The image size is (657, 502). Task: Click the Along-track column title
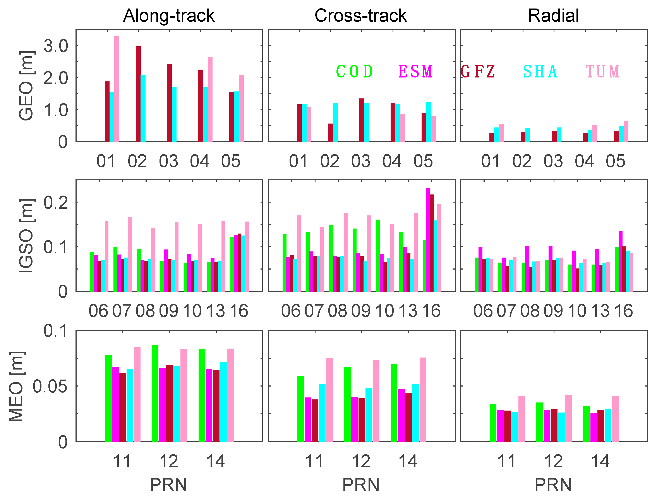[169, 15]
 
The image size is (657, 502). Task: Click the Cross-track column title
[361, 15]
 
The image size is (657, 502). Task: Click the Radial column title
[553, 15]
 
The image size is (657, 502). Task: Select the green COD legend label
[355, 72]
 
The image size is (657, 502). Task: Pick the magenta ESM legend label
[415, 72]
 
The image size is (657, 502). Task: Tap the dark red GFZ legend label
[478, 72]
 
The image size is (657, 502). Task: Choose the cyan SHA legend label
[540, 72]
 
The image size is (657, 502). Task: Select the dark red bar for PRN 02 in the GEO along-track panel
[138, 94]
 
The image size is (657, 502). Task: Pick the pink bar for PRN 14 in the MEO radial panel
[615, 419]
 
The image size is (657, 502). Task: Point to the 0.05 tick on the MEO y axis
[50, 386]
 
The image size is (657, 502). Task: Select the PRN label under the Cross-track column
[361, 485]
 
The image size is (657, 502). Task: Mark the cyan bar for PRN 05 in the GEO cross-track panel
[429, 122]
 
